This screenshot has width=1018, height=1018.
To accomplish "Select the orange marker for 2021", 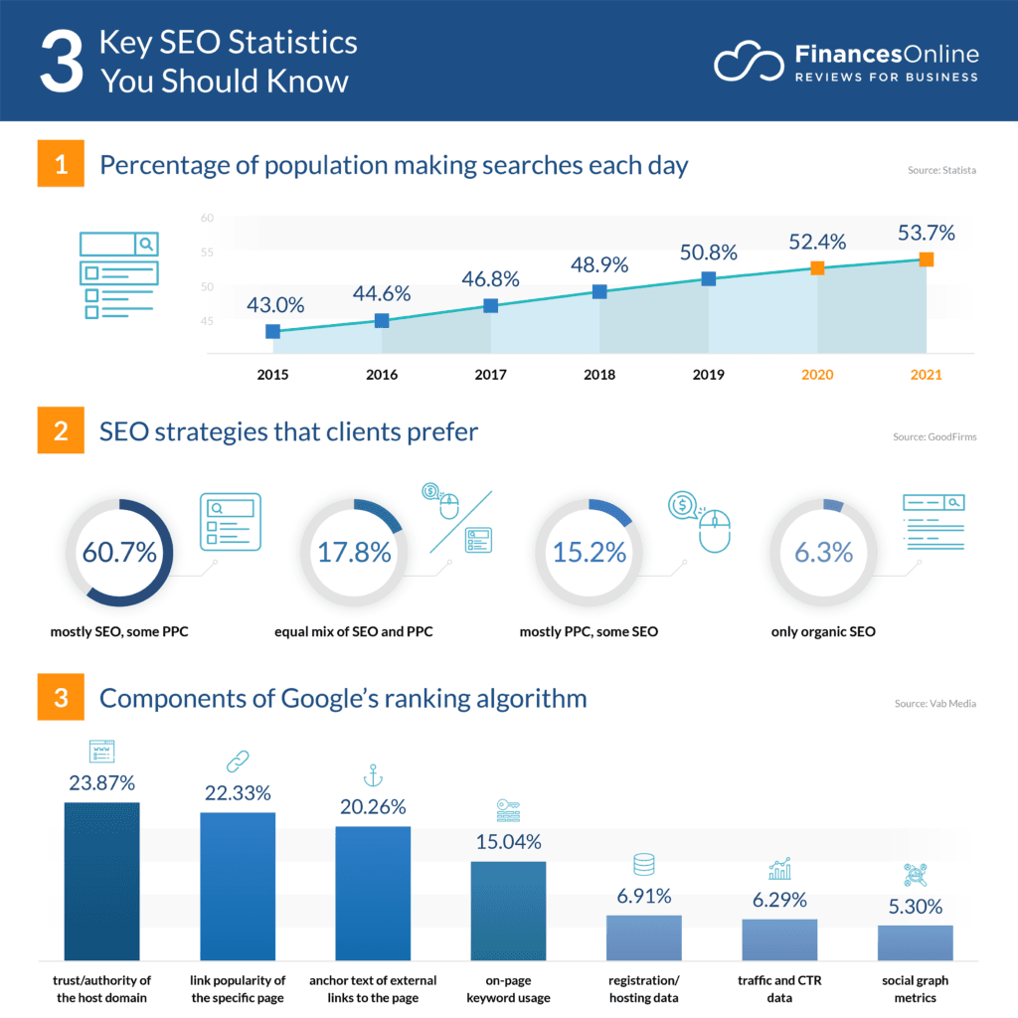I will pos(926,259).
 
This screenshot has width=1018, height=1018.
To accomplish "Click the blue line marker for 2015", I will pos(272,331).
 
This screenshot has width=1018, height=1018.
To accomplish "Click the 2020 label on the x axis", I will pos(816,375).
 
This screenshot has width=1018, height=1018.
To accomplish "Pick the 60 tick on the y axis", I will pos(207,218).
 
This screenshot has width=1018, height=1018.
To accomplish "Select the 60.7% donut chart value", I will pos(119,553).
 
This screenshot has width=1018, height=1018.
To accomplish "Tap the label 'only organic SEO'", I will pos(823,631).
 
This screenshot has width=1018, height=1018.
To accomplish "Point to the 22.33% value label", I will pos(238,792).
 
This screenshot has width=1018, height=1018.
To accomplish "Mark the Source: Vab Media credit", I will pos(935,704).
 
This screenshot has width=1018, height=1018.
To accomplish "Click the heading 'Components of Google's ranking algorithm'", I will pos(343,699).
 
